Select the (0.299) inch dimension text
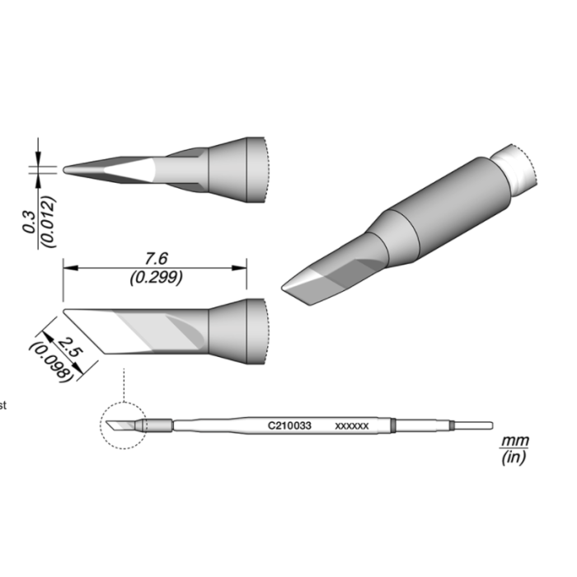coord(156,278)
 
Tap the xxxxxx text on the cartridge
coord(352,426)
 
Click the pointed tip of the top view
coord(67,169)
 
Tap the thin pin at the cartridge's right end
coord(474,426)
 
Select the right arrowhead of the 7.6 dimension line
coord(244,266)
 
